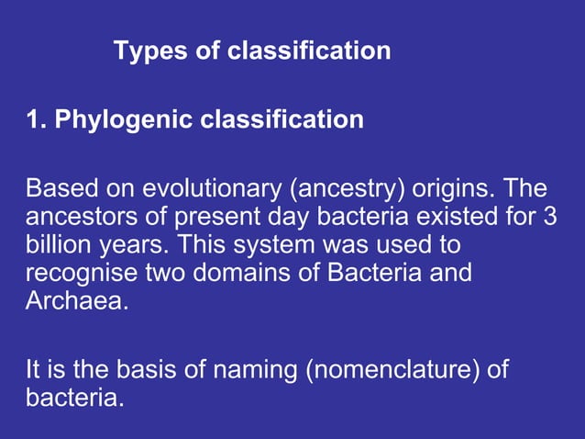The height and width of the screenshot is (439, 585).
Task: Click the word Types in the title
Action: [149, 51]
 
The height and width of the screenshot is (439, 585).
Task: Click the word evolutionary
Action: [213, 191]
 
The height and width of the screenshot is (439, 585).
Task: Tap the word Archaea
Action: [74, 300]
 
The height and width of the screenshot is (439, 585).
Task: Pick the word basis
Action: [144, 371]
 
